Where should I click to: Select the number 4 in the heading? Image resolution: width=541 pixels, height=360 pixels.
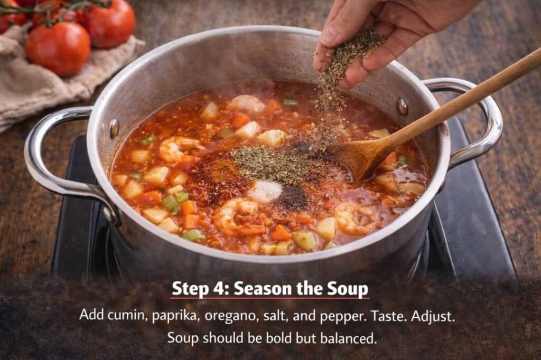218,289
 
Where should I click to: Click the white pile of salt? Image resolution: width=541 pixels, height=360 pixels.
266,191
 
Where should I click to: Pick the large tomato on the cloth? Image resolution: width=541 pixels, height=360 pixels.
58,49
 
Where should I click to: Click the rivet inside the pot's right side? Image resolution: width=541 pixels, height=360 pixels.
402,106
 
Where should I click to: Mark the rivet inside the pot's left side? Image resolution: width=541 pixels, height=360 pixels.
114,128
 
